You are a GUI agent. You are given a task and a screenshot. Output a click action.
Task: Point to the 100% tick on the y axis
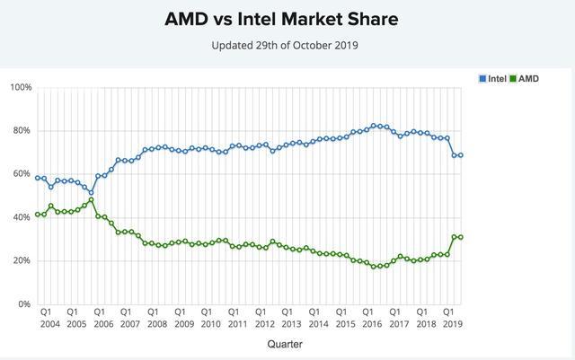[x=21, y=87]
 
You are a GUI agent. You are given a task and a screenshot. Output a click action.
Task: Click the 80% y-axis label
[x=22, y=130]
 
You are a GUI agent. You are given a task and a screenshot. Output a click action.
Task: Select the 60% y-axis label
[x=22, y=173]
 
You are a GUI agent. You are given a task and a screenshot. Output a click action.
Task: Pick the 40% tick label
[x=22, y=217]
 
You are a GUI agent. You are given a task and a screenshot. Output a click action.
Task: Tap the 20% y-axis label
[x=22, y=260]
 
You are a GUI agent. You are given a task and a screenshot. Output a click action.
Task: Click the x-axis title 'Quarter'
[x=284, y=343]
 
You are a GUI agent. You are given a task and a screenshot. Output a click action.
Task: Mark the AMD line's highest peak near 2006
[x=91, y=200]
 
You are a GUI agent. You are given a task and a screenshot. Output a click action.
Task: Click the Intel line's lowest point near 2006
[x=91, y=193]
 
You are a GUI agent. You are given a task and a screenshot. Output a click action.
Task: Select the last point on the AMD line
[x=461, y=237]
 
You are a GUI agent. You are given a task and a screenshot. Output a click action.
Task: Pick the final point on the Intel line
[x=461, y=155]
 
